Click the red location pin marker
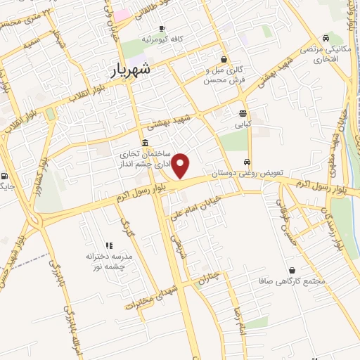(x=181, y=166)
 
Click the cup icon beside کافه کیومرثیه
(x=162, y=29)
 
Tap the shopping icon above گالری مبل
(x=224, y=60)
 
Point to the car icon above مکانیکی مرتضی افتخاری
(x=326, y=38)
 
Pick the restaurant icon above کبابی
(x=243, y=112)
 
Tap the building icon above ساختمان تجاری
(x=145, y=143)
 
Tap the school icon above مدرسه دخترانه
(x=109, y=245)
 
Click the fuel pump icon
(x=6, y=176)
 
